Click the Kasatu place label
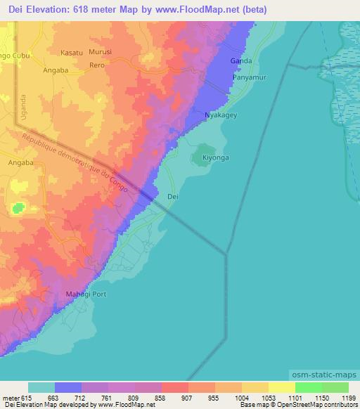[x=72, y=53]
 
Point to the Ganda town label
[x=241, y=60]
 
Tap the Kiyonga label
[x=216, y=158]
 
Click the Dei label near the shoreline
[x=173, y=197]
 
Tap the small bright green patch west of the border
[x=18, y=207]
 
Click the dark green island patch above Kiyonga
[x=205, y=150]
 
